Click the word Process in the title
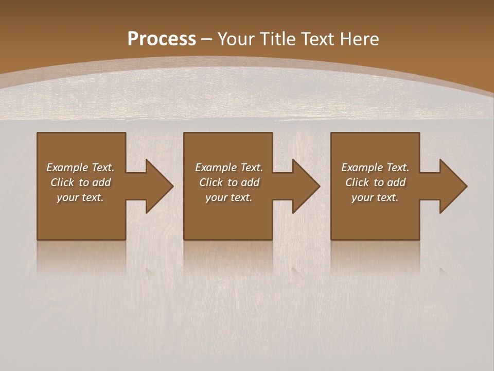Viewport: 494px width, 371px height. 162,39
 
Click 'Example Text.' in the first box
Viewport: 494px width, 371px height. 80,167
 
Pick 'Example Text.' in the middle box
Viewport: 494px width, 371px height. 229,167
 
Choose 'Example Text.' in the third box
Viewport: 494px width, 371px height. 375,167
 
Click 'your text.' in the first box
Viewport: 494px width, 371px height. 80,197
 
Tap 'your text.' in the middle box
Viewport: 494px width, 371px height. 229,197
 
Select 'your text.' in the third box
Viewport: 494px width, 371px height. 375,197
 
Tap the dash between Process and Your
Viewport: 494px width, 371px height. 206,39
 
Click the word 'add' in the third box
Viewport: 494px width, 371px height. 397,182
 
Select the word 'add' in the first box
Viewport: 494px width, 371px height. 102,182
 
